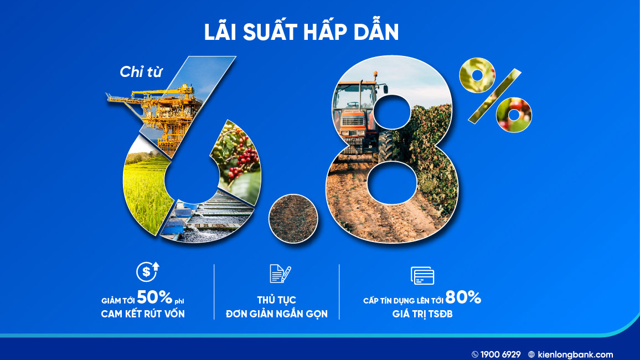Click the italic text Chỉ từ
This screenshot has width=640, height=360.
click(x=141, y=72)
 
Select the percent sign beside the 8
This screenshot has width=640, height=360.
click(x=495, y=96)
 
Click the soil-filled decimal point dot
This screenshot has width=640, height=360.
click(x=293, y=218)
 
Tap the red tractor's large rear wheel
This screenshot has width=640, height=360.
click(x=386, y=146)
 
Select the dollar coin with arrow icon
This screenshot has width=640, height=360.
click(x=147, y=271)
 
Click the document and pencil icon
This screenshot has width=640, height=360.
click(x=280, y=274)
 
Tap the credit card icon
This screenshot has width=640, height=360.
click(x=422, y=275)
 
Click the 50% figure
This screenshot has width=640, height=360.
click(x=154, y=297)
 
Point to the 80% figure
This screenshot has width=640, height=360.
click(x=463, y=297)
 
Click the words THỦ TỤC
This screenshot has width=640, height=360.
click(x=277, y=300)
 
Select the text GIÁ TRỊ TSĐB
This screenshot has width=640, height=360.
click(x=422, y=314)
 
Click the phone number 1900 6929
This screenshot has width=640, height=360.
click(x=500, y=354)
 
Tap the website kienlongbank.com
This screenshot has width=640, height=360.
click(x=576, y=354)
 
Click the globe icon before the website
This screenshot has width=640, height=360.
click(x=531, y=354)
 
